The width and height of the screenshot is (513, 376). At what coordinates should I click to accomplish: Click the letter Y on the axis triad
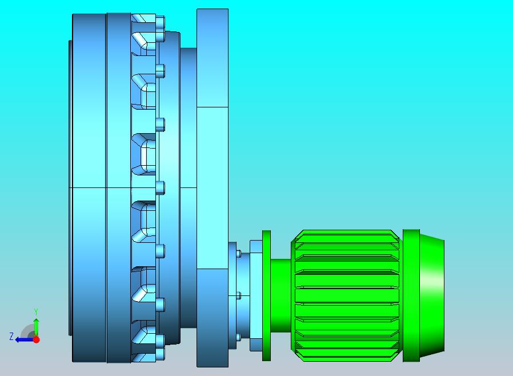pyautogui.click(x=36, y=311)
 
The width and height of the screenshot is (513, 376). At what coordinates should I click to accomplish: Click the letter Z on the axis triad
pyautogui.click(x=11, y=337)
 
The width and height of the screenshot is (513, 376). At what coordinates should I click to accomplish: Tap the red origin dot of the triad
pyautogui.click(x=37, y=339)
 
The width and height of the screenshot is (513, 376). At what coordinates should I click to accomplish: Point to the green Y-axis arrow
pyautogui.click(x=36, y=327)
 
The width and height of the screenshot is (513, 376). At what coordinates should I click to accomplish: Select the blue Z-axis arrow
pyautogui.click(x=25, y=340)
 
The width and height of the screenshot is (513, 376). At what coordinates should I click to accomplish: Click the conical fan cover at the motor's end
pyautogui.click(x=432, y=296)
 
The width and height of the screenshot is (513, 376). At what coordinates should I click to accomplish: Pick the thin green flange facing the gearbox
pyautogui.click(x=266, y=295)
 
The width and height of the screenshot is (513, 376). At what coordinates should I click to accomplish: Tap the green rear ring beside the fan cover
pyautogui.click(x=411, y=295)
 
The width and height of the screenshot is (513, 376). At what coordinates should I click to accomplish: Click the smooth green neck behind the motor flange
pyautogui.click(x=280, y=295)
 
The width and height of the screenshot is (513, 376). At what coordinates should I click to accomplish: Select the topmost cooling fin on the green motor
pyautogui.click(x=347, y=236)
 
